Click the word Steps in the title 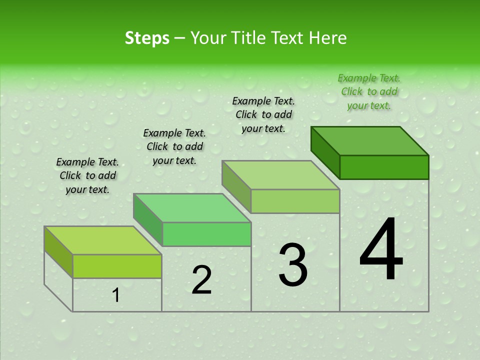147,38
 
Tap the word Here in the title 327,38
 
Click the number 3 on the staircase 293,265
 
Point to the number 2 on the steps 201,280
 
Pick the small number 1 116,295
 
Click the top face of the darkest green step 370,141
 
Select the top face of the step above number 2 192,208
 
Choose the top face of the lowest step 103,240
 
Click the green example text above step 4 369,92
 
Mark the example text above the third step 263,114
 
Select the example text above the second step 174,146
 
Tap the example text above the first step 87,175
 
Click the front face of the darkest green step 384,167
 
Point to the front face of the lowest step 117,266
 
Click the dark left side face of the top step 325,152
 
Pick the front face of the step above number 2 206,234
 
